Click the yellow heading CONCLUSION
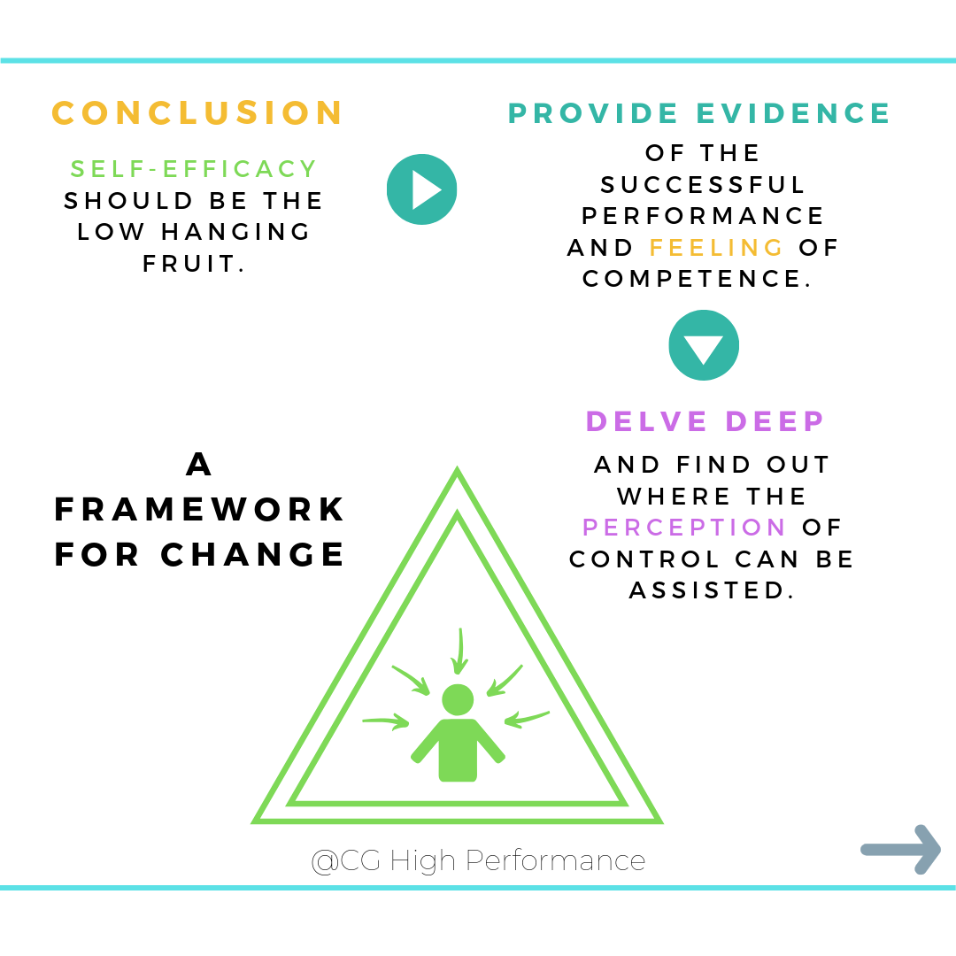[197, 113]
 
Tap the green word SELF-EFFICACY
[194, 168]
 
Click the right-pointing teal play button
[421, 189]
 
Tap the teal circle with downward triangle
[704, 345]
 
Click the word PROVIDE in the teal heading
[593, 113]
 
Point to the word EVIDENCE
[793, 113]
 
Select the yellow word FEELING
[717, 247]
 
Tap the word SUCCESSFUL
[704, 185]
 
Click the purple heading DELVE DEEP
[705, 421]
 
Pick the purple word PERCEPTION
[684, 528]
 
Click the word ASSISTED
[711, 590]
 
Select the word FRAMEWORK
[200, 510]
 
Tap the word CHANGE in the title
[253, 555]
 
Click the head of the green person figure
[458, 699]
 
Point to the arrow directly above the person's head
[459, 651]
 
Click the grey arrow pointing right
[900, 850]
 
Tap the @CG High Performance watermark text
[478, 860]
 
